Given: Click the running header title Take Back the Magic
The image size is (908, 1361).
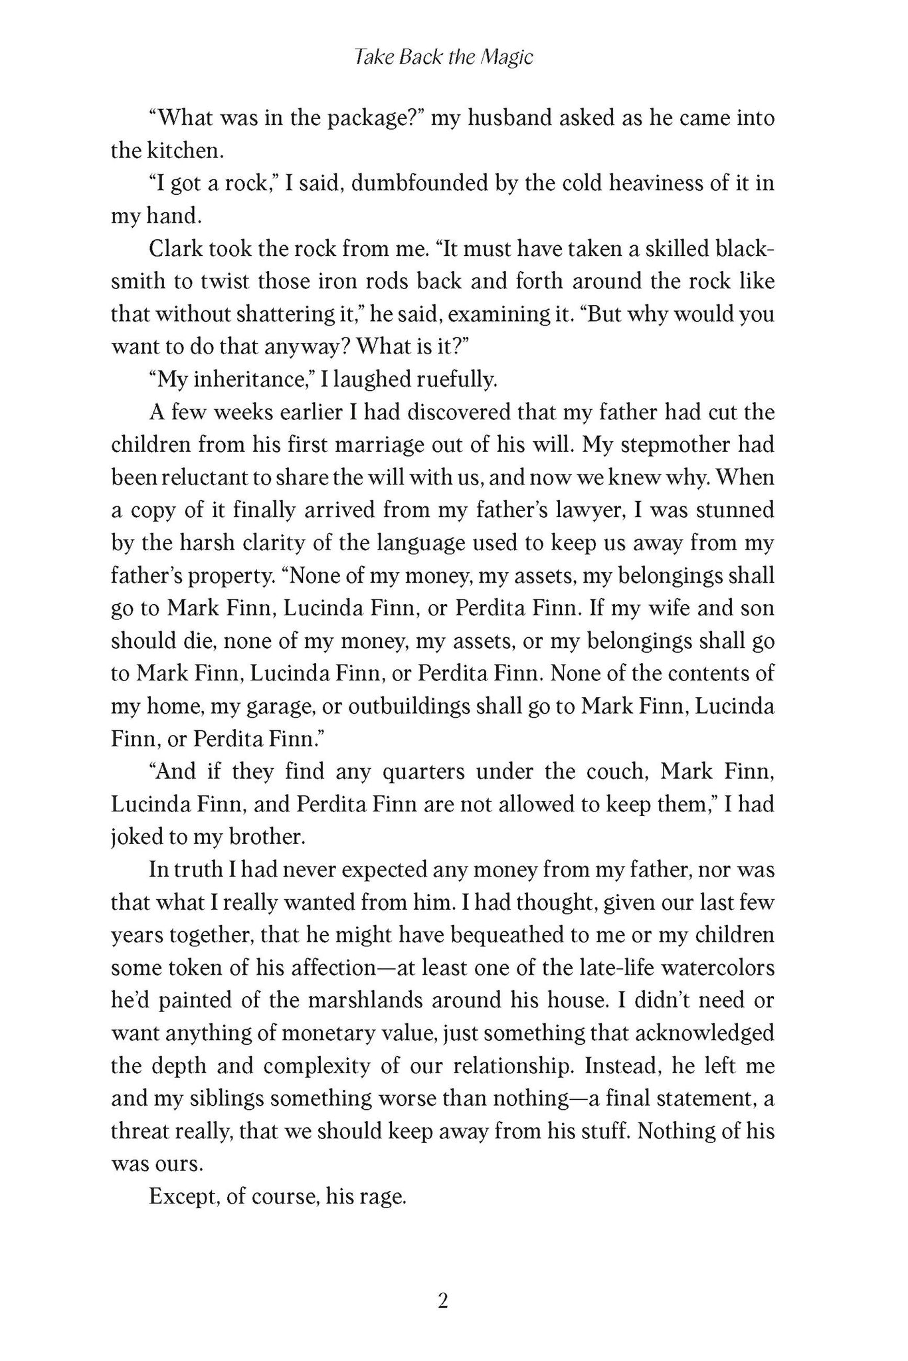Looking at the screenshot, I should pos(444,58).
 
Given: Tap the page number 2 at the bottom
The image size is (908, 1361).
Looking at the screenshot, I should pos(444,1301).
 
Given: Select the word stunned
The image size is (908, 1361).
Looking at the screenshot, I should pos(735,510).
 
